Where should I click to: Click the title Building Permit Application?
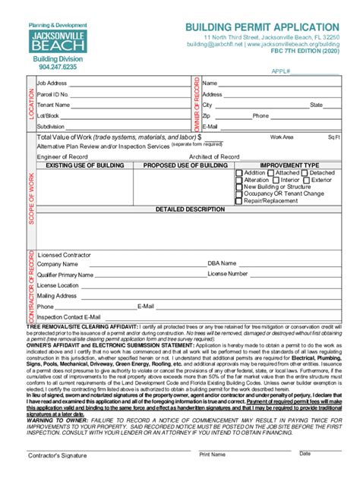click(262, 27)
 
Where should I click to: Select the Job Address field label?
click(52, 83)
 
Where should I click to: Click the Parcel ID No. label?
click(52, 94)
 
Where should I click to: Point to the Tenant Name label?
click(53, 105)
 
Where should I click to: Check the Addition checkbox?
click(240, 173)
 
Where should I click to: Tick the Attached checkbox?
click(270, 173)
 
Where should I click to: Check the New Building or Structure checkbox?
click(240, 187)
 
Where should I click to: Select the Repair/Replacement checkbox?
click(240, 200)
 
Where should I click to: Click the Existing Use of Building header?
click(81, 165)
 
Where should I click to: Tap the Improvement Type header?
click(289, 165)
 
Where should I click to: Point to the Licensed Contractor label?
click(65, 254)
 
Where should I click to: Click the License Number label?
click(228, 273)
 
